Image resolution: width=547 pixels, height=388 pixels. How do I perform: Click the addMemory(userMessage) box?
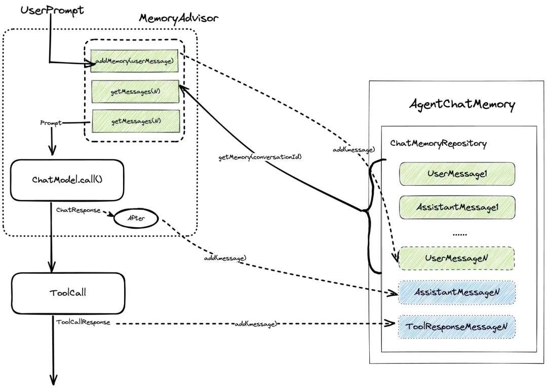[135, 61]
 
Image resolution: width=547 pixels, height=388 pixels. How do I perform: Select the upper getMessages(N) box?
[135, 92]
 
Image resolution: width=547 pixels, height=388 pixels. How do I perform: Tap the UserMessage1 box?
[457, 174]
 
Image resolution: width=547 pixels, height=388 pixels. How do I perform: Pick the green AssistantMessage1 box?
[457, 207]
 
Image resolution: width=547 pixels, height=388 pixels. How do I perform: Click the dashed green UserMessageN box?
[456, 258]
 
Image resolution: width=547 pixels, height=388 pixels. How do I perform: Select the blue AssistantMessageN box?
[457, 292]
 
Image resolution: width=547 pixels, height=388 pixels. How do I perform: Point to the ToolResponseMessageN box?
[456, 327]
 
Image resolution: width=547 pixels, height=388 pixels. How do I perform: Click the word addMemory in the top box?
[111, 61]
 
